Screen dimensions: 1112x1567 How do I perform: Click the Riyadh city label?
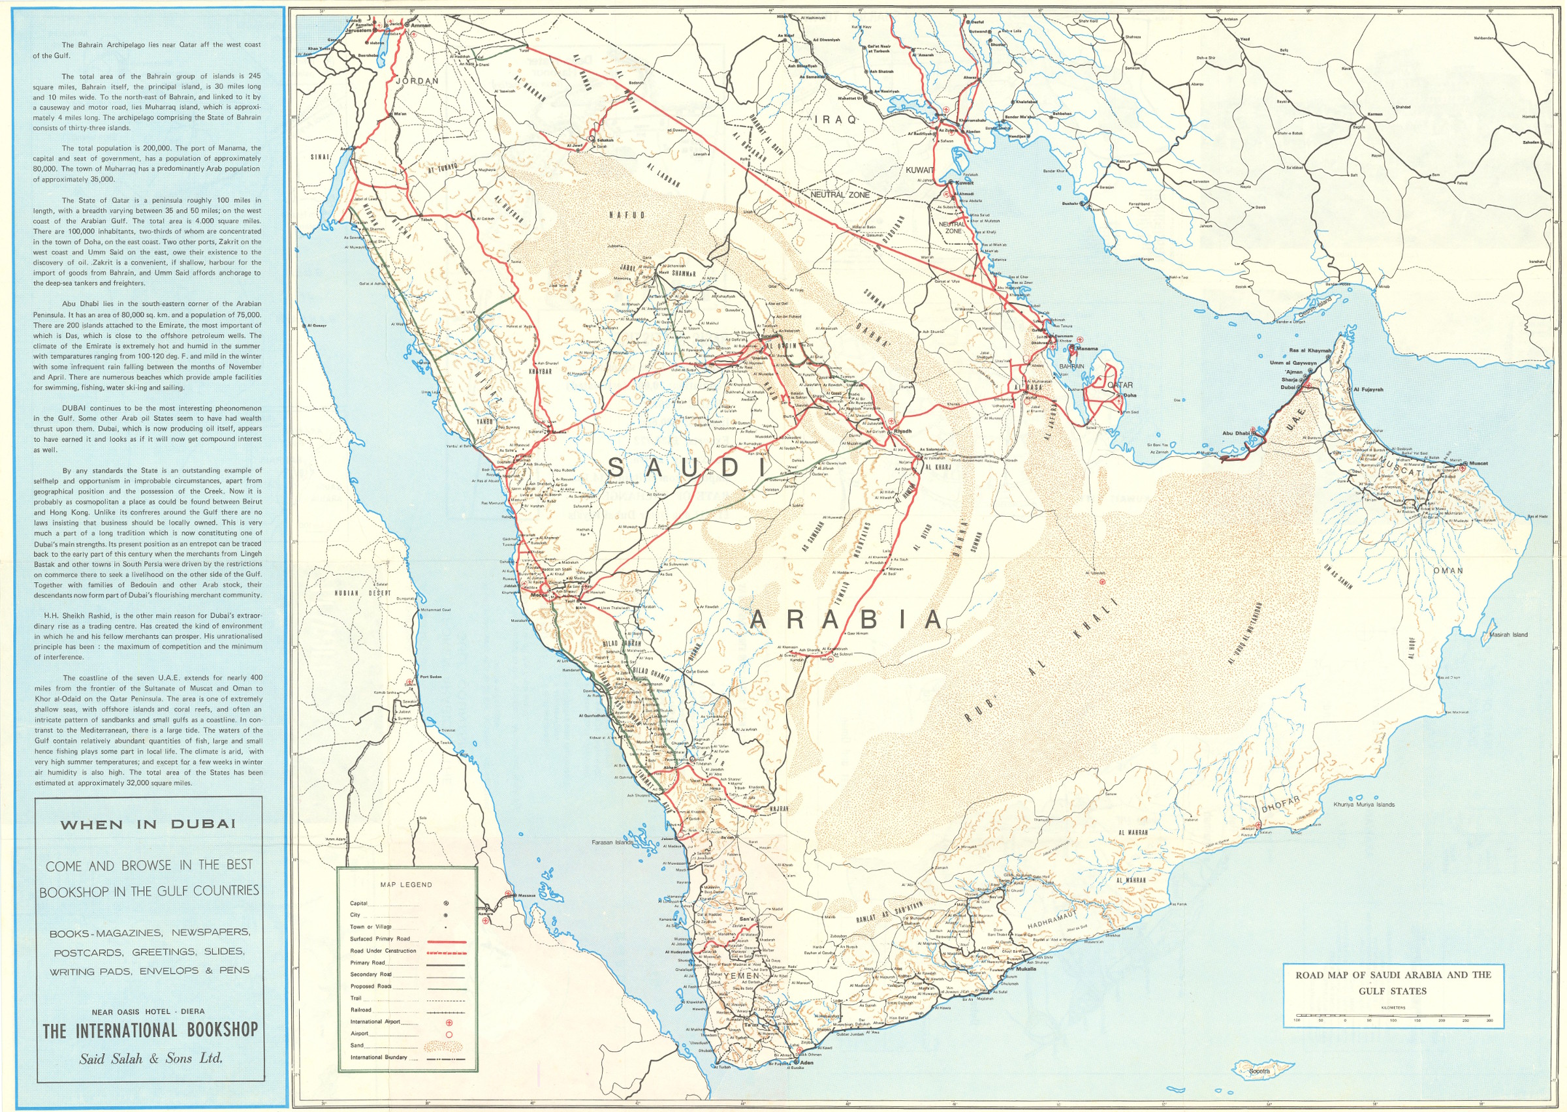click(903, 431)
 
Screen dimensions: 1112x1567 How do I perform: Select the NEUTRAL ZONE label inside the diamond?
click(840, 194)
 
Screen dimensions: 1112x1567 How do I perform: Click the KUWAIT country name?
click(920, 169)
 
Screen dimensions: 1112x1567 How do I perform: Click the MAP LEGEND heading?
click(406, 884)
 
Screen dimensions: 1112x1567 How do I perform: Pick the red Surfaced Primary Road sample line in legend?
click(446, 942)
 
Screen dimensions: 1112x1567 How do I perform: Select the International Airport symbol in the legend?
click(449, 1021)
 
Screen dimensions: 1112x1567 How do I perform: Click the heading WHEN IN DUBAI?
click(148, 824)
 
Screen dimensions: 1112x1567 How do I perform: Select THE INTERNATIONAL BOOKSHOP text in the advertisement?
click(150, 1030)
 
